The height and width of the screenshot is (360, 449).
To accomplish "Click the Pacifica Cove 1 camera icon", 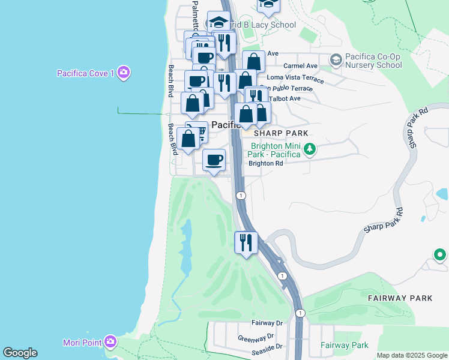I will click(124, 73).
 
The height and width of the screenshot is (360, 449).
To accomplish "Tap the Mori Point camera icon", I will click(110, 342).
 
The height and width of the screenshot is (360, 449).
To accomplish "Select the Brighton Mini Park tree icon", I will click(309, 148).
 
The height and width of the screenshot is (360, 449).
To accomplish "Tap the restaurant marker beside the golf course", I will click(246, 243).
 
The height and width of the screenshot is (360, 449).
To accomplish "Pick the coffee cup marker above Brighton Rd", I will click(214, 160).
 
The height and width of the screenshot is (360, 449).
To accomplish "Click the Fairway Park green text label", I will click(344, 345).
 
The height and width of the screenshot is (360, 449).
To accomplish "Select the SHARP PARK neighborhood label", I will click(281, 133).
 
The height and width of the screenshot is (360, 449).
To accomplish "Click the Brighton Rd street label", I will click(266, 163).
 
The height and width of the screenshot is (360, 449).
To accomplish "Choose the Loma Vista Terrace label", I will click(295, 79).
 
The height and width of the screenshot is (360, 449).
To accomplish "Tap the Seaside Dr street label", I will click(267, 347).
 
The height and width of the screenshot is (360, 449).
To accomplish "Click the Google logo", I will click(20, 353).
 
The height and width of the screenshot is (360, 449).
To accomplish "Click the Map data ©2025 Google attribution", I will click(412, 355).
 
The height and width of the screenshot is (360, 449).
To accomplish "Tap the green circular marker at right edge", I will click(440, 255).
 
